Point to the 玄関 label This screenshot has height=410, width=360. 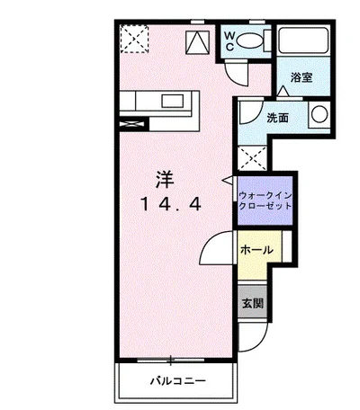pos(252,303)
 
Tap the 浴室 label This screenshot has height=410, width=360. pos(302,77)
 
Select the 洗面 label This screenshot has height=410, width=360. pos(277,118)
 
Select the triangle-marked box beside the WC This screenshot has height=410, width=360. pos(197,40)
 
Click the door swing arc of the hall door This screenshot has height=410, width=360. pos(220,246)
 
